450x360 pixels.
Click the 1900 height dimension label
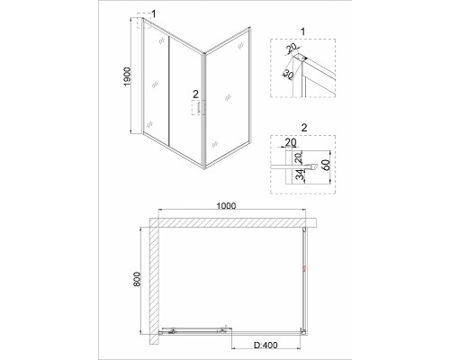(x=128, y=76)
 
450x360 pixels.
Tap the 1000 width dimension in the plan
(x=227, y=206)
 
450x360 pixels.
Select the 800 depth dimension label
(x=137, y=279)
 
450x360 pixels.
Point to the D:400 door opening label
(x=265, y=346)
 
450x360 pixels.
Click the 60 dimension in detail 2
(x=327, y=165)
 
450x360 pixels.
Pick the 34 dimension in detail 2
(x=300, y=175)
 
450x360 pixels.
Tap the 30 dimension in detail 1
(x=288, y=75)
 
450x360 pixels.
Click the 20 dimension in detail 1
(x=292, y=47)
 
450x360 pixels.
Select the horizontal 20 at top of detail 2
(x=290, y=142)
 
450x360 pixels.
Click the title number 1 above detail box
(x=302, y=31)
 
